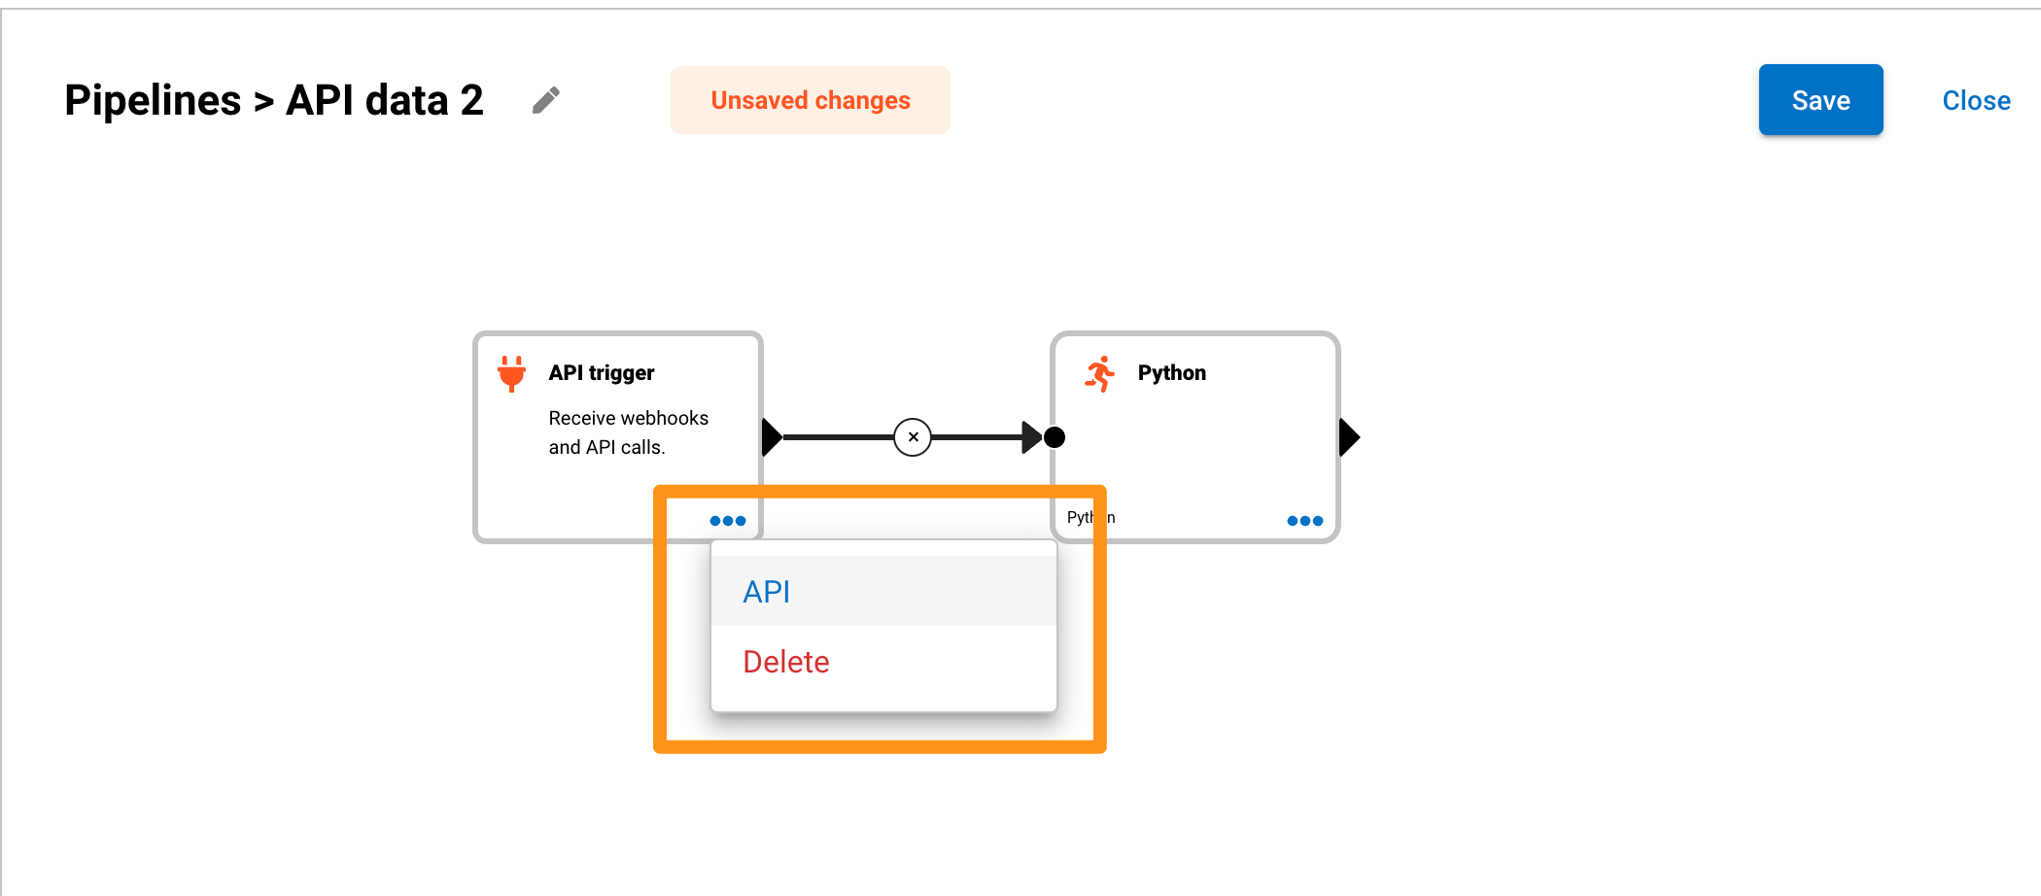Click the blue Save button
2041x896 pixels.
(x=1819, y=100)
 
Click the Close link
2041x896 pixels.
(x=1975, y=100)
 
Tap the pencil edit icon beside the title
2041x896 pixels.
(x=546, y=100)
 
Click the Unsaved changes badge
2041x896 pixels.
(x=810, y=100)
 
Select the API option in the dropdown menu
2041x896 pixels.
(x=767, y=591)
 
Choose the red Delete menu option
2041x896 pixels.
(x=785, y=662)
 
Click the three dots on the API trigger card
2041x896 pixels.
(x=727, y=521)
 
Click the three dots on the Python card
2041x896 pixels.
(x=1304, y=521)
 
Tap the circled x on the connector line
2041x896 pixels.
(x=913, y=437)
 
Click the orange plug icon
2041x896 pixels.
(x=511, y=373)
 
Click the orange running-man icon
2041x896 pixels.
(x=1099, y=374)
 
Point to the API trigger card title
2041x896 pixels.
(x=601, y=373)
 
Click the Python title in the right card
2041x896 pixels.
(x=1171, y=373)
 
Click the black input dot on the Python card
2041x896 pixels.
(x=1055, y=437)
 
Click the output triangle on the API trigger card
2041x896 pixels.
(x=772, y=437)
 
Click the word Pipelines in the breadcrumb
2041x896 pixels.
(x=153, y=100)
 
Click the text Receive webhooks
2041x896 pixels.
(x=628, y=418)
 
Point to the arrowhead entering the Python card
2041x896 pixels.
(x=1031, y=437)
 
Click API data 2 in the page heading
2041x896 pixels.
(x=384, y=100)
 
